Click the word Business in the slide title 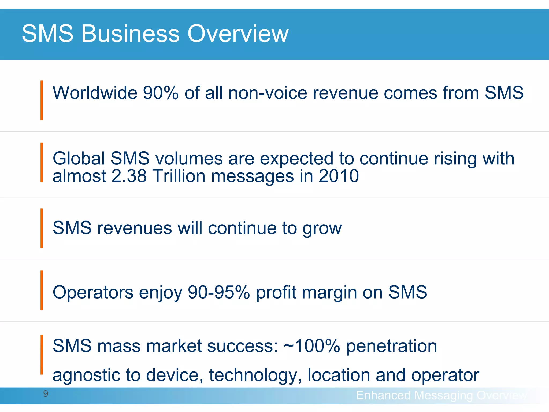point(130,34)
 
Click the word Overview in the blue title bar point(238,34)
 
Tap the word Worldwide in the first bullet point(95,93)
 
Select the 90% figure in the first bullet point(161,93)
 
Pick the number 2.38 point(129,176)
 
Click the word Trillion point(179,176)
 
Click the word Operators point(93,292)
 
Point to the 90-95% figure point(219,292)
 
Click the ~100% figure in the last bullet point(312,346)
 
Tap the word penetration point(391,346)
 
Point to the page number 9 point(46,394)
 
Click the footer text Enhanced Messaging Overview point(441,395)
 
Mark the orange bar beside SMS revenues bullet point(42,228)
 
